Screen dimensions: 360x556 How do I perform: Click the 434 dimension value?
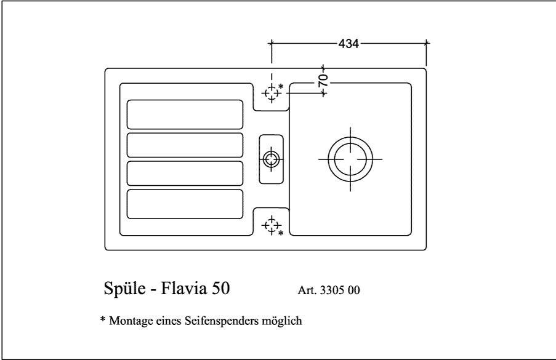coord(349,44)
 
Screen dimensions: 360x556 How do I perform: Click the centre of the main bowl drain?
coord(350,158)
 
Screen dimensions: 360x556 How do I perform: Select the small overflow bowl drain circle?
coord(270,159)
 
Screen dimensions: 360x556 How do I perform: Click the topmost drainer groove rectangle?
coord(185,114)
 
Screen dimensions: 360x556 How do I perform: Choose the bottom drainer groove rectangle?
coord(185,204)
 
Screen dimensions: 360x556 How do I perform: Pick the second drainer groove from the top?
coord(185,145)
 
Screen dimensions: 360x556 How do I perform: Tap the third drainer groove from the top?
coord(185,174)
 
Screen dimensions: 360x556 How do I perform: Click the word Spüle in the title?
coord(123,289)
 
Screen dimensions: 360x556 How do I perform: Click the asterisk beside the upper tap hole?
coord(281,86)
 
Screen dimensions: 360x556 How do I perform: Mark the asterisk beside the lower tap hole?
coord(281,234)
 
